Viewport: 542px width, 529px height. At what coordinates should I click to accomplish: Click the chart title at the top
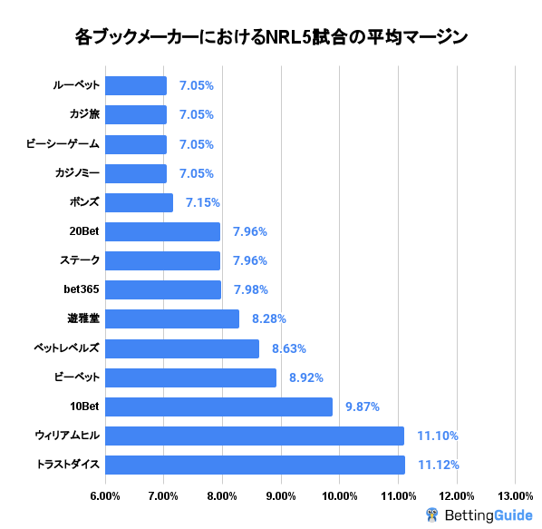(271, 37)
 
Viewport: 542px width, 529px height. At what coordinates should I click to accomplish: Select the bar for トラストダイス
(255, 465)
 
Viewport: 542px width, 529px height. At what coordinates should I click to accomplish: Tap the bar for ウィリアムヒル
(255, 436)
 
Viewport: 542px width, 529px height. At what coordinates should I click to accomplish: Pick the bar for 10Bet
(218, 407)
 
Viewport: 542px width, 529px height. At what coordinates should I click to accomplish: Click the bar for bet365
(163, 289)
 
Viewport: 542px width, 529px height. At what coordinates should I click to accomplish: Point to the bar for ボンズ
(139, 202)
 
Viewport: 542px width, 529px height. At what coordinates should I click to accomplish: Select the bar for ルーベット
(136, 85)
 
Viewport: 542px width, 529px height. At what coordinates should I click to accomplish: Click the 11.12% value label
(438, 465)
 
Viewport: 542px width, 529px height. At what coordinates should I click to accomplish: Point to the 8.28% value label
(269, 319)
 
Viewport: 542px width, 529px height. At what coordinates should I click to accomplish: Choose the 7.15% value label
(203, 202)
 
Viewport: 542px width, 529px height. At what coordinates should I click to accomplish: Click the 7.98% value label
(250, 289)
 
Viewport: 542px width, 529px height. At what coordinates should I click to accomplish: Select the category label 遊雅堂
(82, 319)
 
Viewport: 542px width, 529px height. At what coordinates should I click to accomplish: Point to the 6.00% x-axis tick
(105, 495)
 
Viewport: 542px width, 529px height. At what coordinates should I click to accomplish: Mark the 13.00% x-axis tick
(515, 495)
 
